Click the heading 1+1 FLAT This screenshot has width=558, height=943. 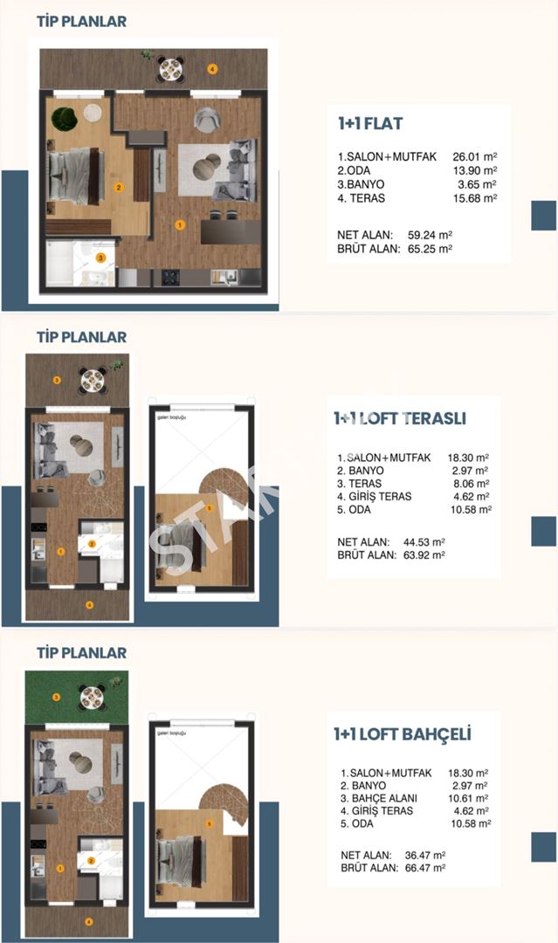click(x=370, y=123)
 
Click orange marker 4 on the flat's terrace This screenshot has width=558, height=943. click(x=211, y=68)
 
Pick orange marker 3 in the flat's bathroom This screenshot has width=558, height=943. click(x=101, y=258)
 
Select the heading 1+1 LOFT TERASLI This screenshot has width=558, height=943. click(x=399, y=418)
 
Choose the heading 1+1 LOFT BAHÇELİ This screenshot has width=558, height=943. click(x=402, y=734)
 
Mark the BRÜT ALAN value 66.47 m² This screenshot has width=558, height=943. click(x=425, y=868)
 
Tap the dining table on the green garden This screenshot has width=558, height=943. click(x=93, y=696)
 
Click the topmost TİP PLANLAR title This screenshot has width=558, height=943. click(x=81, y=21)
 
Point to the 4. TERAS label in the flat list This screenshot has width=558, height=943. click(x=362, y=198)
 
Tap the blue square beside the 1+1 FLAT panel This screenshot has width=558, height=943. click(x=543, y=215)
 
